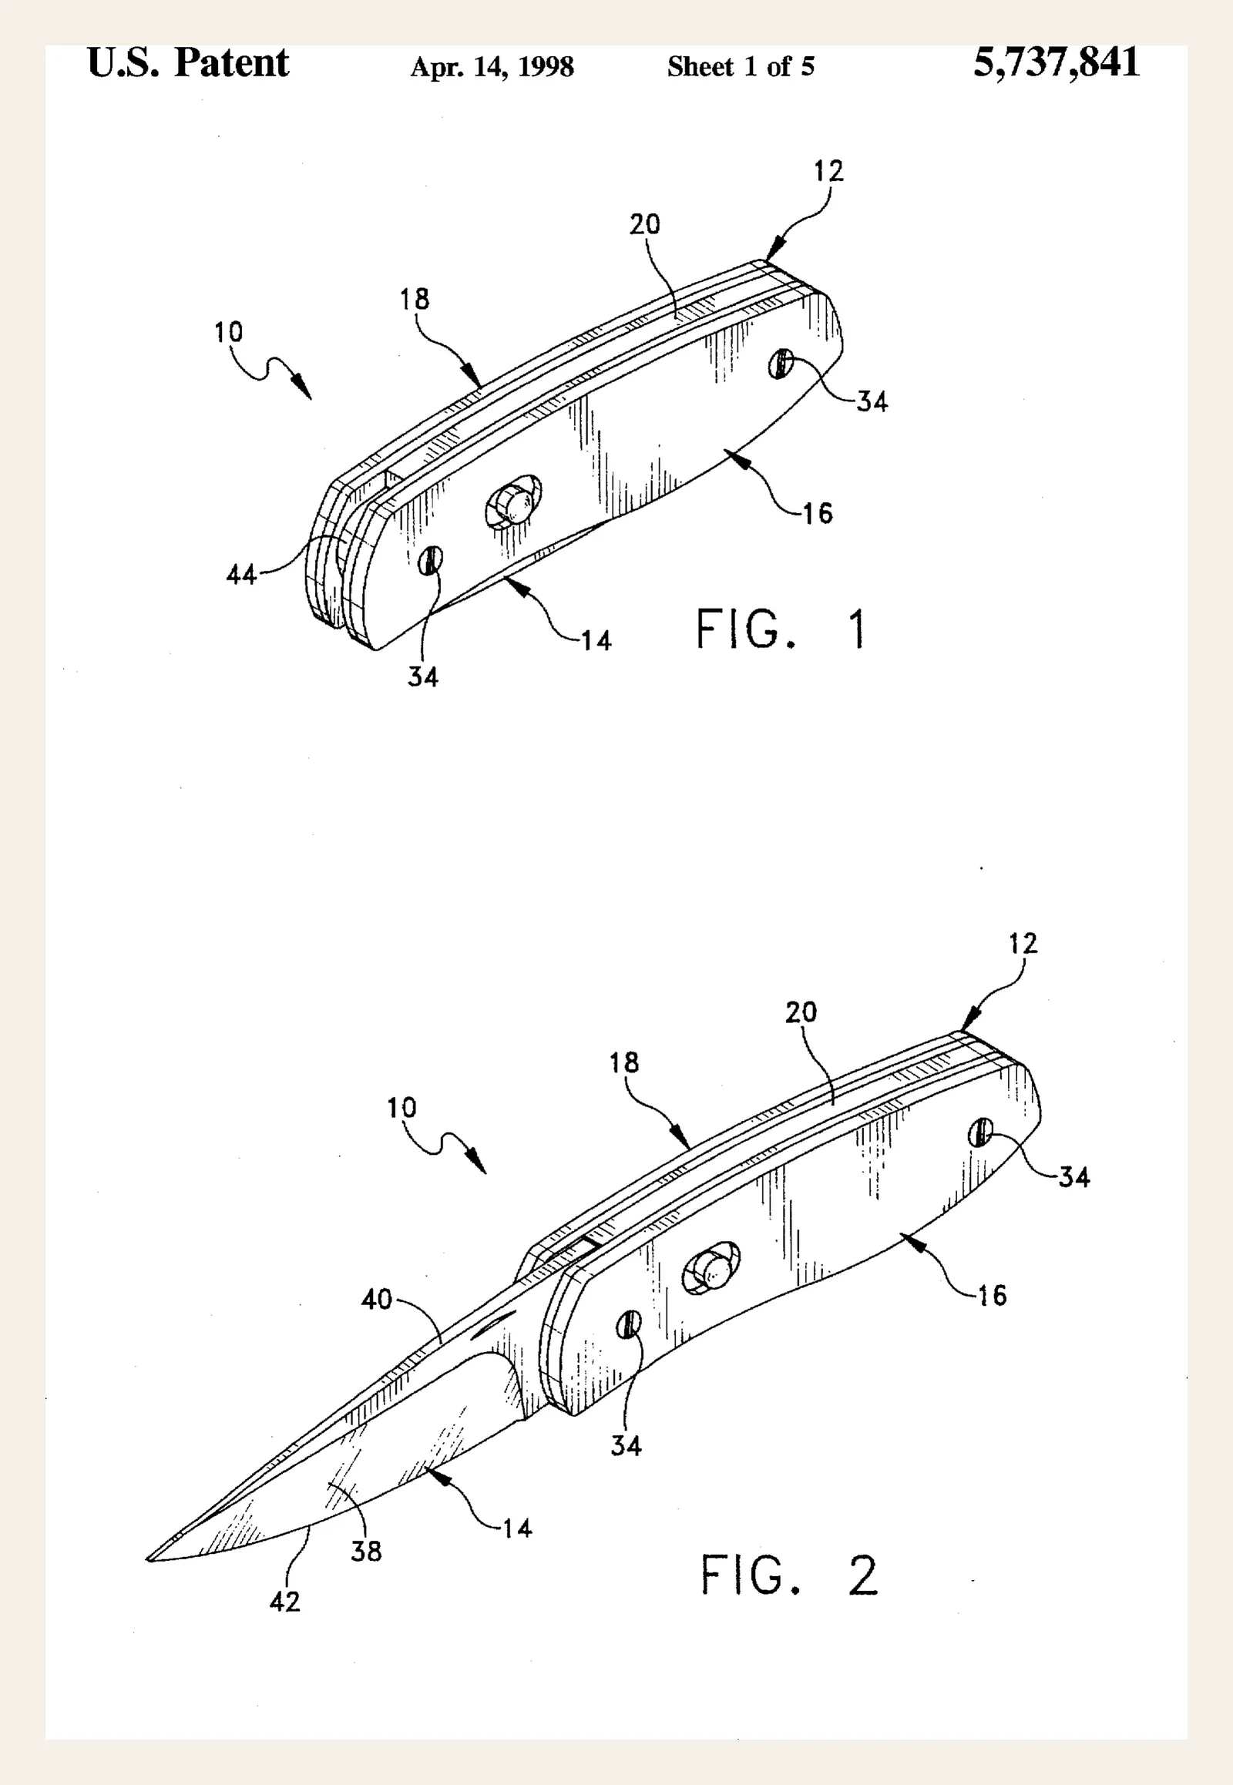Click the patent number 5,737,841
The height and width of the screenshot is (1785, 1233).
pos(1056,62)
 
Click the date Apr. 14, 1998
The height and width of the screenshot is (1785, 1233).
pos(492,67)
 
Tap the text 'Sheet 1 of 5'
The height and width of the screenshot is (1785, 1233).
pos(741,66)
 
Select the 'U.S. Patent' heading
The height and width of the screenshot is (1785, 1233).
pos(189,62)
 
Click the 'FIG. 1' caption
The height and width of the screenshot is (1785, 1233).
pos(781,629)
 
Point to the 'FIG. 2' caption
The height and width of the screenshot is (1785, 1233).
pos(789,1575)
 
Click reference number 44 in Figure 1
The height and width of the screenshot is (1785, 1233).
pos(241,575)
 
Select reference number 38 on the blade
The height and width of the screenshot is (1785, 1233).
pos(366,1552)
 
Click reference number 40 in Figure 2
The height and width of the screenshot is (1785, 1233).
pos(377,1299)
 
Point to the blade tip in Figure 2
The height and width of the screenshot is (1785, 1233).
pos(147,1559)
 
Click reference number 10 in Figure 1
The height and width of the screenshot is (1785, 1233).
pos(229,333)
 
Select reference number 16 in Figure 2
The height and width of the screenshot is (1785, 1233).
pos(992,1295)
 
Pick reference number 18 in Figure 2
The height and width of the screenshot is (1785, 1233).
pos(624,1063)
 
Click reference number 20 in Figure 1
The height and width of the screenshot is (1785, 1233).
pos(645,225)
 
